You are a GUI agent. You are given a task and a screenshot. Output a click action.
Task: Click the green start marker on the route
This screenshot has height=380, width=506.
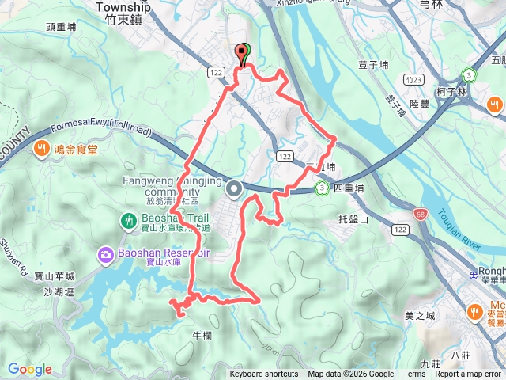click(x=244, y=51)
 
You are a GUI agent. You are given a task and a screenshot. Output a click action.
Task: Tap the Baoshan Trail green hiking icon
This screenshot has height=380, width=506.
click(x=127, y=219)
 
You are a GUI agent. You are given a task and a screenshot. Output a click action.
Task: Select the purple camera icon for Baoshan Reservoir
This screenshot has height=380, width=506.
click(x=105, y=255)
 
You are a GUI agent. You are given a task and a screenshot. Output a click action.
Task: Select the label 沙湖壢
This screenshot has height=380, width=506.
click(x=59, y=292)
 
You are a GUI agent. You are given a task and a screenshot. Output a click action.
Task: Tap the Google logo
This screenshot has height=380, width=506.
click(x=30, y=369)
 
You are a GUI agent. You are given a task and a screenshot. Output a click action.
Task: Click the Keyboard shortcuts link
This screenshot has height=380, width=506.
click(x=264, y=374)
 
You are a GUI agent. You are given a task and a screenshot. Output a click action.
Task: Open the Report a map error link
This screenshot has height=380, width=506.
click(x=469, y=374)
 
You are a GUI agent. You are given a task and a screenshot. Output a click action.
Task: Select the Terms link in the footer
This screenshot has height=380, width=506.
click(x=414, y=374)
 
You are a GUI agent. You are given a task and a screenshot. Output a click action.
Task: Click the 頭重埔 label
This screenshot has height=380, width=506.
click(x=61, y=25)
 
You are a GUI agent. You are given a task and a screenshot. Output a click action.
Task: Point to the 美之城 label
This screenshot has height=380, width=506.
click(x=420, y=316)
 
